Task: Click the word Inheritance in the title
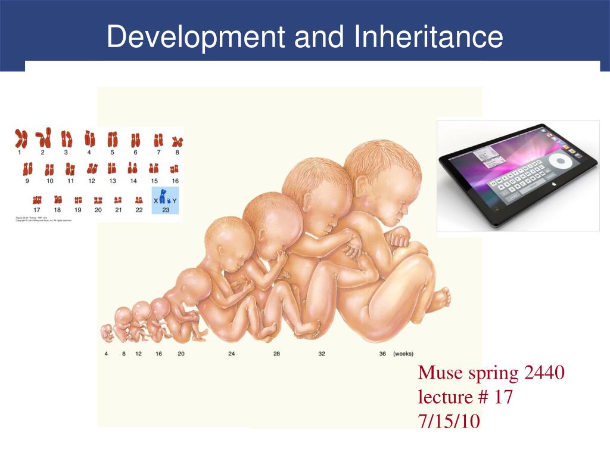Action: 429,37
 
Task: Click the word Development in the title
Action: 195,37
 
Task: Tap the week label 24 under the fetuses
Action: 231,354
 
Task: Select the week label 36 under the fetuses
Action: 382,354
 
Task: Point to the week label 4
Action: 107,354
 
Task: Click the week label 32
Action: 321,354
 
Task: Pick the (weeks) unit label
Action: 403,354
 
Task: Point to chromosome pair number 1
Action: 21,140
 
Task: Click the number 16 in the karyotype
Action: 175,180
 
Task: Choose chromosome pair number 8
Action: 177,142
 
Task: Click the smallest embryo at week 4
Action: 107,333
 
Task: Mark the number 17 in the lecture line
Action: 503,397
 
